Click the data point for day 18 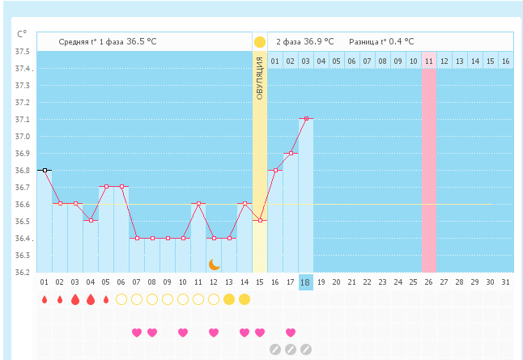pos(306,119)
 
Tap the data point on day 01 pos(45,170)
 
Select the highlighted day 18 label pos(306,282)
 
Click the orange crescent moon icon pos(214,264)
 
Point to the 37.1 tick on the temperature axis pos(23,120)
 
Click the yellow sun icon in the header pos(259,41)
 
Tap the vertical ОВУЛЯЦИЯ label pos(259,78)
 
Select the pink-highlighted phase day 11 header pos(429,61)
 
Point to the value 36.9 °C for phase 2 pos(321,41)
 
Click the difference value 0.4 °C pos(400,41)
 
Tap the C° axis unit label pos(22,34)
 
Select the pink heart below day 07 pos(137,332)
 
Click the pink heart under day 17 pos(291,332)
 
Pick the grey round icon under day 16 pos(275,349)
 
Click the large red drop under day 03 pos(75,299)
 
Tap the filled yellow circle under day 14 pos(244,299)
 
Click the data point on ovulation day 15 pos(260,220)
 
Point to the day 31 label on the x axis pos(506,282)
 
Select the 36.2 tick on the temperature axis pos(23,273)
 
